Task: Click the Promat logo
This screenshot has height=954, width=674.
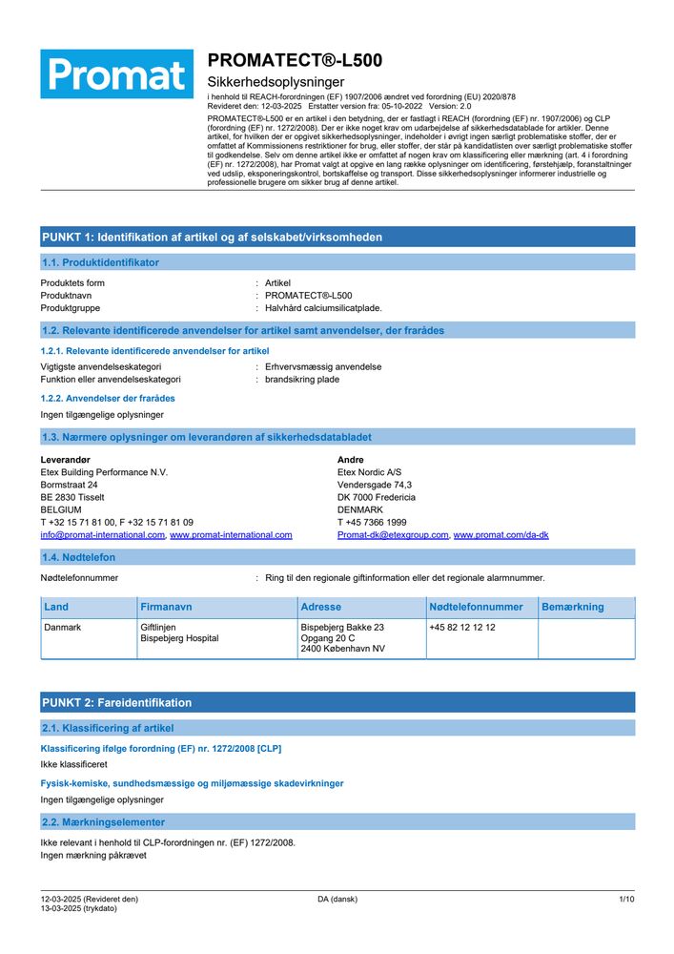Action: click(x=116, y=74)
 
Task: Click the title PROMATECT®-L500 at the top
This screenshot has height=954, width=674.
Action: click(x=295, y=60)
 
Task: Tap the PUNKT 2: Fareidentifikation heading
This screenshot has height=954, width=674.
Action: click(x=117, y=703)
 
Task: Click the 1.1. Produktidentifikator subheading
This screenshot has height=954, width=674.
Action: click(x=100, y=262)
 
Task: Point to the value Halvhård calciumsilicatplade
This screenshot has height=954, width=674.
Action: click(x=323, y=308)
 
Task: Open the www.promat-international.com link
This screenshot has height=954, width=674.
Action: click(x=231, y=535)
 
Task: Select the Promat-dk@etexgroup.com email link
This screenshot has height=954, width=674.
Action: click(x=393, y=535)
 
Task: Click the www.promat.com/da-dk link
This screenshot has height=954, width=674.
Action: click(x=500, y=535)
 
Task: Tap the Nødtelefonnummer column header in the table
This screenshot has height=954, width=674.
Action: click(x=476, y=607)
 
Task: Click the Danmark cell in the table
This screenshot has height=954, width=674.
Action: click(x=63, y=628)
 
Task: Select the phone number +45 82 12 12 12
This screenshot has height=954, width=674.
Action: click(x=462, y=628)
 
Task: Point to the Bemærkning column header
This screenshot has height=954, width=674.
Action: click(x=572, y=607)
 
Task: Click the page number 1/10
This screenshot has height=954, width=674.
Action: click(x=626, y=900)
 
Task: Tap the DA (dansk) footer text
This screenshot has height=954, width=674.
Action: click(x=337, y=900)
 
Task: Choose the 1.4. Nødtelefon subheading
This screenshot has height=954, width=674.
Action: click(x=79, y=557)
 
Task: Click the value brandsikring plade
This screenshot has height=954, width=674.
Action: click(x=301, y=379)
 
